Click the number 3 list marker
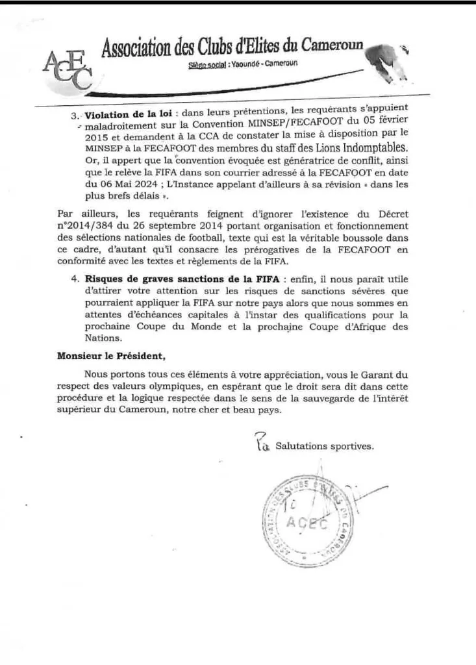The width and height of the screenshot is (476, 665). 73,114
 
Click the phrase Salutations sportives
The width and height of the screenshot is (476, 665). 324,447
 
